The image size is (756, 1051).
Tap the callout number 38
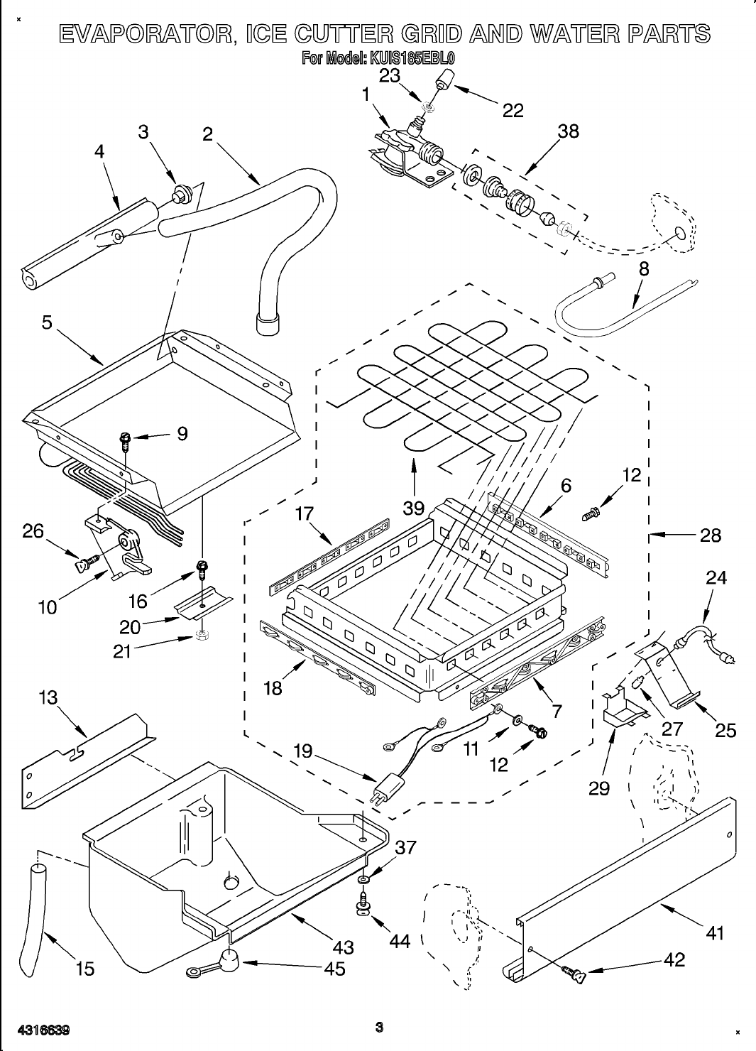point(568,131)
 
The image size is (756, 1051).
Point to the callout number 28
point(710,535)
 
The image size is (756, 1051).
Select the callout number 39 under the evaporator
point(413,508)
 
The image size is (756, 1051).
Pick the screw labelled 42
point(573,974)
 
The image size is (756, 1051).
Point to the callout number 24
point(716,578)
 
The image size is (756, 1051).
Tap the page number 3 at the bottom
point(379,1027)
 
